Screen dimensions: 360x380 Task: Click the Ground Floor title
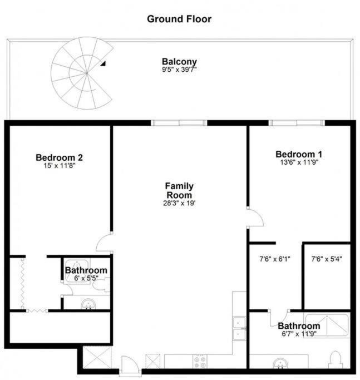coord(179,19)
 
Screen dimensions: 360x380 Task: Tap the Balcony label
coord(179,62)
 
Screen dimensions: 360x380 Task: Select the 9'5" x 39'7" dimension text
coord(179,70)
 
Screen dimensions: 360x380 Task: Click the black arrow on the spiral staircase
coord(103,63)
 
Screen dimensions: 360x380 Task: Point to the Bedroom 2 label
coord(60,157)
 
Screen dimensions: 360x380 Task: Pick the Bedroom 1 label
coord(299,154)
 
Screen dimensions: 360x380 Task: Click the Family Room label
coord(179,190)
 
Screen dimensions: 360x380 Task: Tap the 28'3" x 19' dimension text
coord(179,203)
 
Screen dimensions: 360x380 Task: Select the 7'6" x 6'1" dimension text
coord(275,259)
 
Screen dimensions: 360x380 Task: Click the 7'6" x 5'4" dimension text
coord(327,259)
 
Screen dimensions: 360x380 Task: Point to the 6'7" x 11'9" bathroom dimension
coord(299,334)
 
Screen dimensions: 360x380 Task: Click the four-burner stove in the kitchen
coord(200,362)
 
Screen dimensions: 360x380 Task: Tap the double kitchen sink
coord(239,328)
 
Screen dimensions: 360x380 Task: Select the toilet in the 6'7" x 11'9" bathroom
coord(336,359)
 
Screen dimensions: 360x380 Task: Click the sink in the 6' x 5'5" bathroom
coord(88,304)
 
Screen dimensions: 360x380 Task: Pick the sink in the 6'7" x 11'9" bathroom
coord(280,363)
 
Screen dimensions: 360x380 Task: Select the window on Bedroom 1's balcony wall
coord(297,123)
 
